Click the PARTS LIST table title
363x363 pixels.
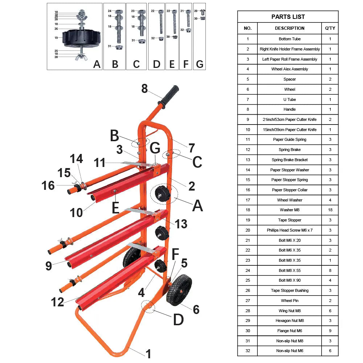coord(288,17)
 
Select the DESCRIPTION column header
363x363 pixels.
coord(289,28)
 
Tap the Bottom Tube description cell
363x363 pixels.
coord(289,39)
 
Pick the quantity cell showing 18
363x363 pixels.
coord(330,210)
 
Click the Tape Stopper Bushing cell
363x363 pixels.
coord(289,290)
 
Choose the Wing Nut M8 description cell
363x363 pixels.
coord(289,311)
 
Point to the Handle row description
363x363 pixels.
coord(289,109)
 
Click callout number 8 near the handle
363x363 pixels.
coord(144,89)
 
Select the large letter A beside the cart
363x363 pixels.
coord(197,206)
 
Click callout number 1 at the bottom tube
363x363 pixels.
coord(148,353)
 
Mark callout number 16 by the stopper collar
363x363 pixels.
coord(48,185)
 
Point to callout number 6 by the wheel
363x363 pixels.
coord(196,309)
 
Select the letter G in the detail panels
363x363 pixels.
coord(200,64)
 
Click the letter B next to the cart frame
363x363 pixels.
coord(115,136)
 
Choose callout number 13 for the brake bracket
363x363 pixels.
coord(181,224)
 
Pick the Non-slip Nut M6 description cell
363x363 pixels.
coord(289,351)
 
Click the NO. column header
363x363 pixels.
coord(248,28)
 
